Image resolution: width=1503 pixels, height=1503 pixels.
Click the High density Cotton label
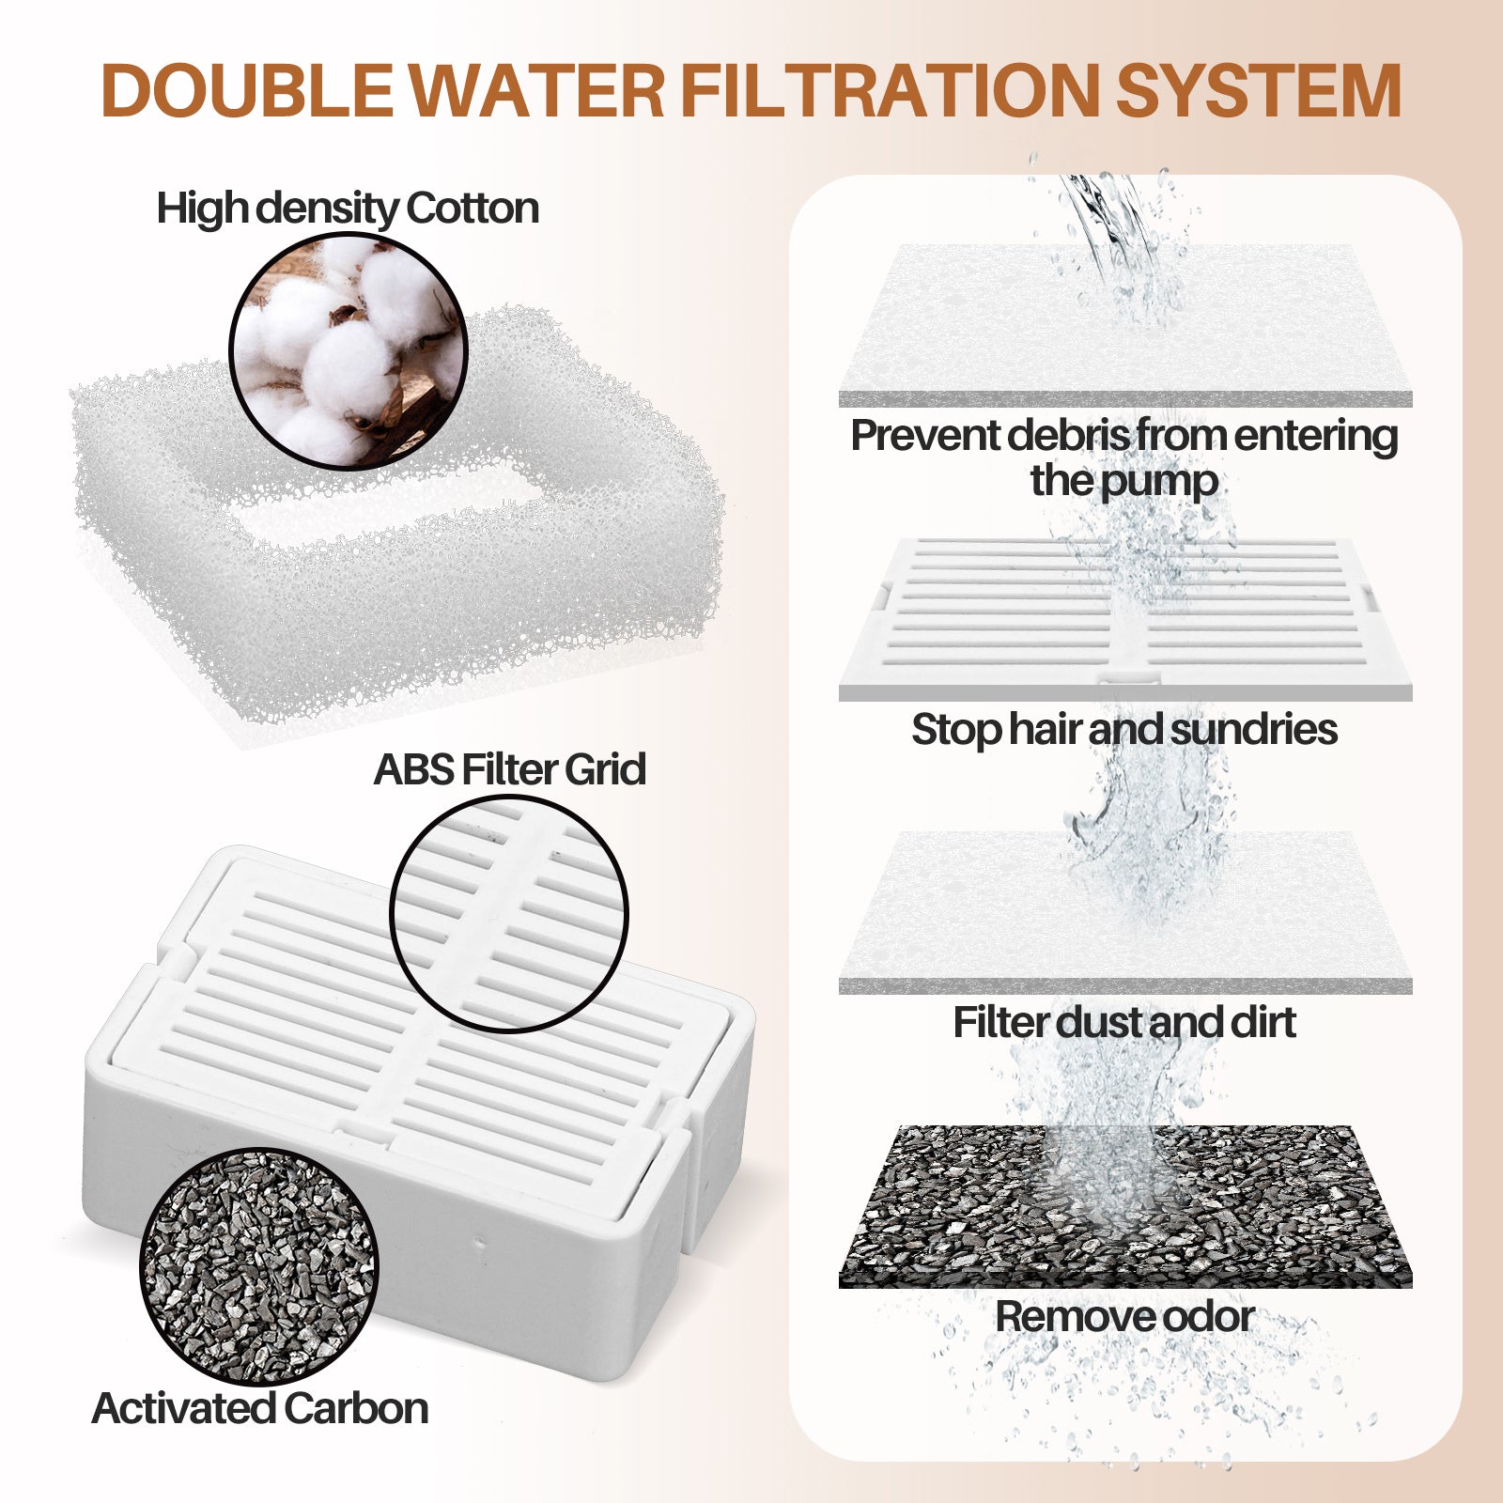pos(348,209)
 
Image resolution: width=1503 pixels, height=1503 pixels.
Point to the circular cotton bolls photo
pos(349,350)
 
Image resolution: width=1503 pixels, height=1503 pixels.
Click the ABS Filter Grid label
pos(510,769)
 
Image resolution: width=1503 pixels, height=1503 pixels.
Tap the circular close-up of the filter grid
pos(508,914)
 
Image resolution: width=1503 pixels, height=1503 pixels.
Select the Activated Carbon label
pos(260,1408)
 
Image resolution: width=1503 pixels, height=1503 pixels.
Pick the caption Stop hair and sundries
pos(1124,730)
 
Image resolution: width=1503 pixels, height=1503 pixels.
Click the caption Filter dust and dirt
pos(1124,1022)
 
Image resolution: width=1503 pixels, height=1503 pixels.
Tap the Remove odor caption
pos(1124,1316)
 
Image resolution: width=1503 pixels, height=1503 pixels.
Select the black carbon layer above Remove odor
pos(1125,1207)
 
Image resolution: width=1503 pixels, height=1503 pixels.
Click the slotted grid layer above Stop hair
pos(1125,619)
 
